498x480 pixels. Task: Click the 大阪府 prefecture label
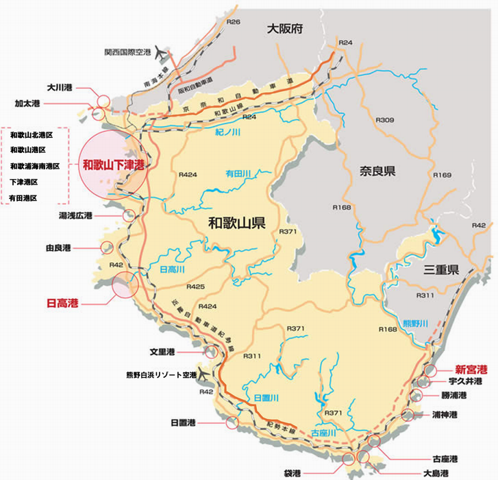click(285, 29)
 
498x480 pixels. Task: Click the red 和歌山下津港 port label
click(114, 165)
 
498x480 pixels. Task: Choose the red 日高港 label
click(62, 302)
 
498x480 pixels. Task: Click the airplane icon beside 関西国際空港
click(162, 51)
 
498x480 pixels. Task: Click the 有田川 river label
click(240, 174)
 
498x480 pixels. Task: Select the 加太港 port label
click(28, 104)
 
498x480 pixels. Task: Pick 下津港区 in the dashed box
click(24, 182)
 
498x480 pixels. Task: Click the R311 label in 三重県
click(426, 295)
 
